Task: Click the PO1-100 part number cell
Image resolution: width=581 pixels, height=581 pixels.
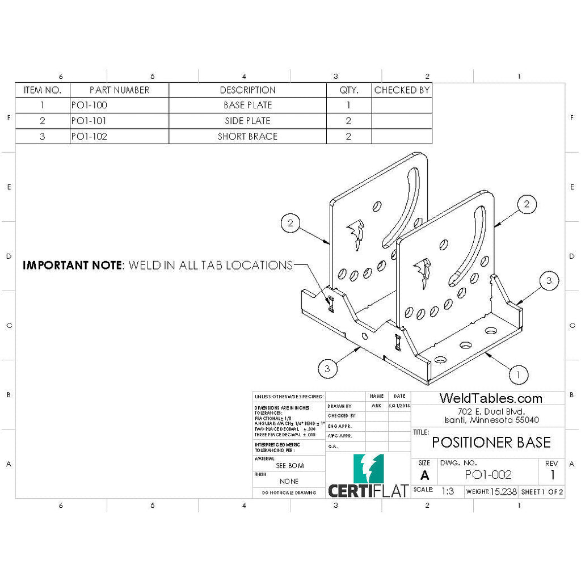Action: click(90, 106)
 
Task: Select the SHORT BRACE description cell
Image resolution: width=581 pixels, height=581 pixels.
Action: click(247, 136)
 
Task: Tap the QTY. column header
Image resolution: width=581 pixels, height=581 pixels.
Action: click(348, 90)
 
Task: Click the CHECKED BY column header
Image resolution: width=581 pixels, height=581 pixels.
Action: click(402, 90)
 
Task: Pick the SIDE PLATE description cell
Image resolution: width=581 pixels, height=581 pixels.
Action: click(247, 121)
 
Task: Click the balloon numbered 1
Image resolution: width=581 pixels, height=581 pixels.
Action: click(518, 374)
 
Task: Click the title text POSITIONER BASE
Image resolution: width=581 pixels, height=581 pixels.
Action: click(491, 443)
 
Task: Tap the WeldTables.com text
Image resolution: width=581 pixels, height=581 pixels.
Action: click(491, 399)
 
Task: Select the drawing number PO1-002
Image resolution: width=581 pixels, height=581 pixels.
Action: click(488, 475)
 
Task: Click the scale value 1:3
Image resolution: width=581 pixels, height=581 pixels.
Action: click(448, 491)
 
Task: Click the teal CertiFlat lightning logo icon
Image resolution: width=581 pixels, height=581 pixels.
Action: click(368, 468)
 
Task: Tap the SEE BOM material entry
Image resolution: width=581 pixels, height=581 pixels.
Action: click(289, 466)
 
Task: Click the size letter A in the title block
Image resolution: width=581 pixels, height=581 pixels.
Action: click(425, 475)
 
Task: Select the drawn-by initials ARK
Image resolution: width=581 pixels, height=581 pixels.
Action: click(376, 406)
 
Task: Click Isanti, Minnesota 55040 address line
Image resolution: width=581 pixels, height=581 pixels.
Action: click(491, 420)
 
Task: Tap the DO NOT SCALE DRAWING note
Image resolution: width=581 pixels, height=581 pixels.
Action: click(289, 493)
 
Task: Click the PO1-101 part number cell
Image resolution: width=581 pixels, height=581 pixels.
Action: click(90, 121)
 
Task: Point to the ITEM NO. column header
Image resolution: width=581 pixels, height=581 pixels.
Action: click(42, 90)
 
